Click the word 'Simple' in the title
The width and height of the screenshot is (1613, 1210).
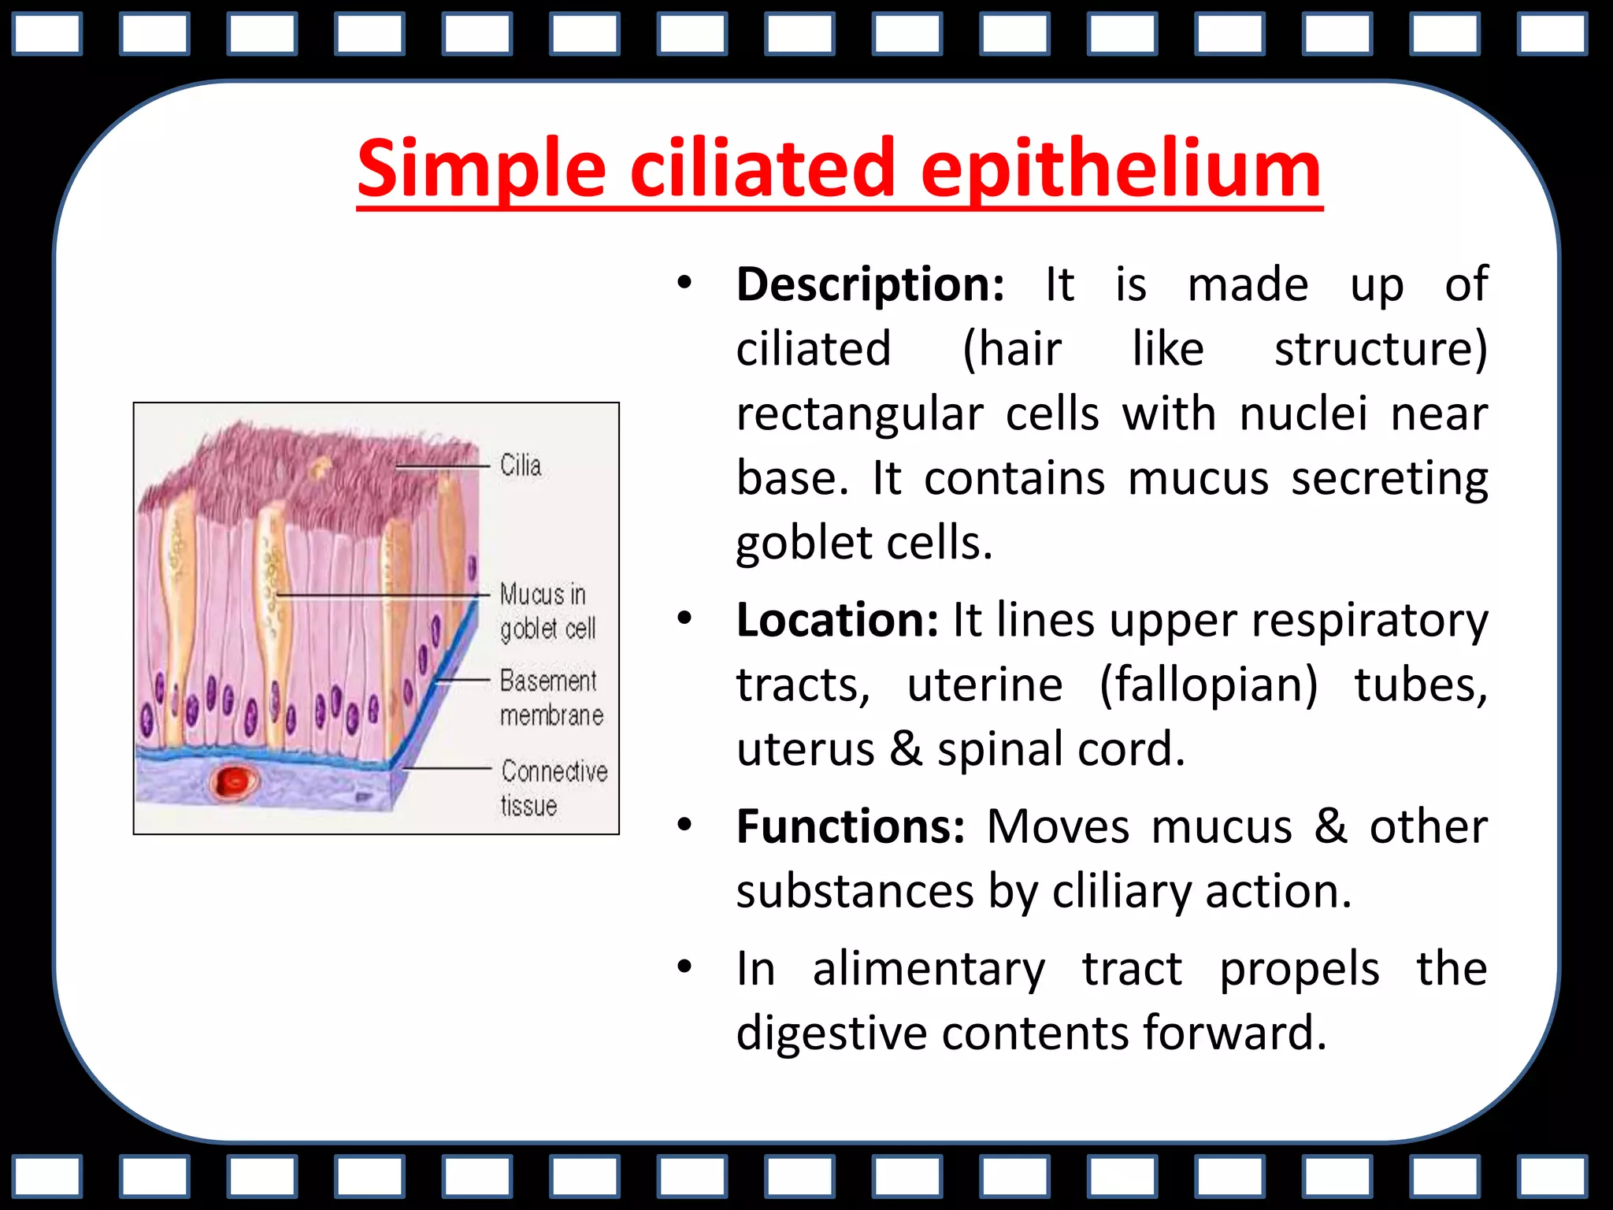click(x=481, y=169)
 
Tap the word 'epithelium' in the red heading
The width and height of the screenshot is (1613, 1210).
click(x=1120, y=169)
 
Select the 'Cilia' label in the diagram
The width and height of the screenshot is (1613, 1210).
click(x=521, y=466)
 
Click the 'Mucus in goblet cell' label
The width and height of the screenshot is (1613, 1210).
click(x=547, y=611)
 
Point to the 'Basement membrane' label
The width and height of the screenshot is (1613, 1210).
click(x=551, y=698)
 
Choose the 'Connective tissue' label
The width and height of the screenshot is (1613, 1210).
click(x=553, y=788)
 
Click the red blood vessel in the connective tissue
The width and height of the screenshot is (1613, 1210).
click(x=234, y=781)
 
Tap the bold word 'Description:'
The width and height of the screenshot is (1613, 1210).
click(x=870, y=284)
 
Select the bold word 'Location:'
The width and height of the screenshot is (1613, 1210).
click(x=837, y=620)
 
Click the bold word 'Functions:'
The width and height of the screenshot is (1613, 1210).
click(x=850, y=827)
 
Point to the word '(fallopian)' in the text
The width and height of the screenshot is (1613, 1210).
click(x=1207, y=685)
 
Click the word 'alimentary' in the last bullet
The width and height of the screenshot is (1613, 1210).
click(x=929, y=968)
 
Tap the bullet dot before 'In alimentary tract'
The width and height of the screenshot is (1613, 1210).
click(x=684, y=967)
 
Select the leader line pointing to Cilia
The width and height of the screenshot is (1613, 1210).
click(x=441, y=467)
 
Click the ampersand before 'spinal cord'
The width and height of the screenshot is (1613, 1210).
click(x=906, y=749)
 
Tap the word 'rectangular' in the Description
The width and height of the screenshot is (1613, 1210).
click(x=860, y=414)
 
